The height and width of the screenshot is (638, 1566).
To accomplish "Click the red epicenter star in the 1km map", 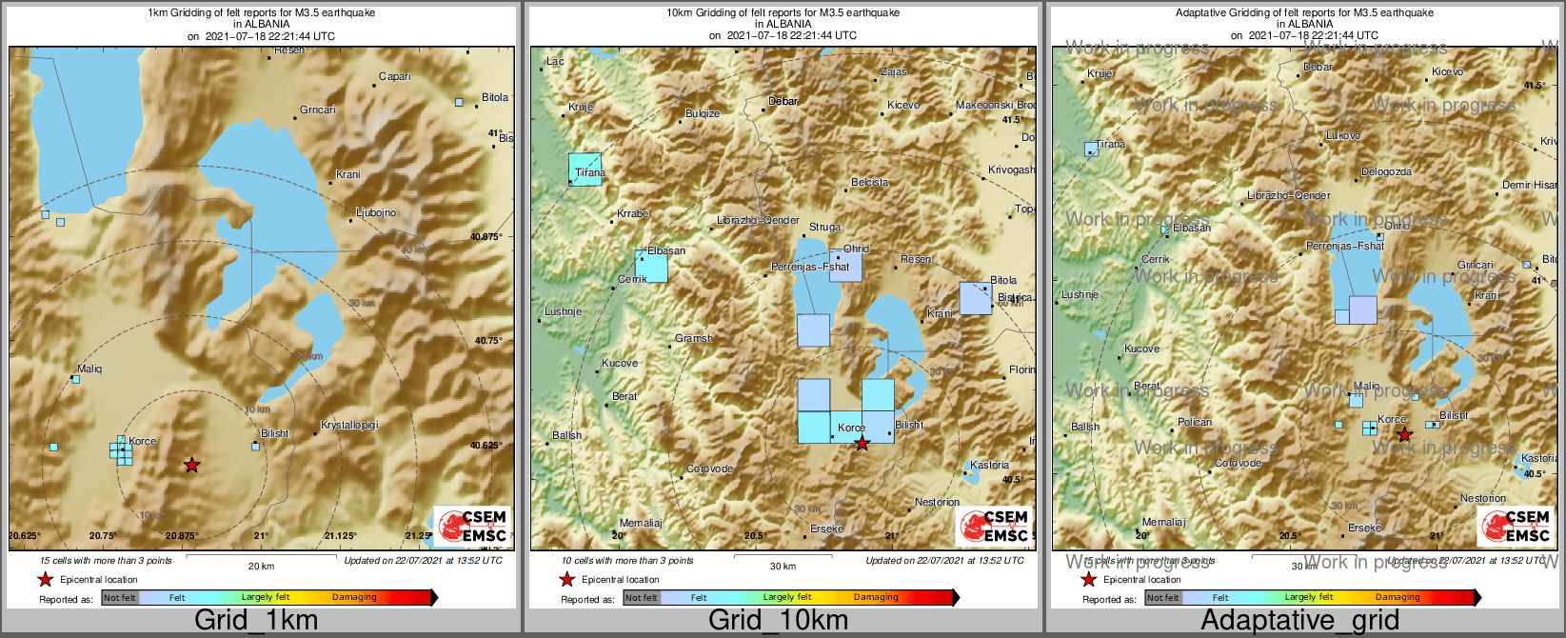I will (192, 465).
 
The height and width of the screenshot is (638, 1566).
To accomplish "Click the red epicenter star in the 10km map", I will (862, 444).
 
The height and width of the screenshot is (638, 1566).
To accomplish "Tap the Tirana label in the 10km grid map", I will (590, 173).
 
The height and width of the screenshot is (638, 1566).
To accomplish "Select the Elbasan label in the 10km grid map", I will (665, 251).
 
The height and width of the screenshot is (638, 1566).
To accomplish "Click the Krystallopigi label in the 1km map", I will (349, 425).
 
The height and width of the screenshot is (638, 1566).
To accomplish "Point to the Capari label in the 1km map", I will (395, 77).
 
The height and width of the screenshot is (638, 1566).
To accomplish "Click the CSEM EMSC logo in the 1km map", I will (473, 526).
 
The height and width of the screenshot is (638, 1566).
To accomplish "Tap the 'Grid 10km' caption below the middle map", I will (778, 621).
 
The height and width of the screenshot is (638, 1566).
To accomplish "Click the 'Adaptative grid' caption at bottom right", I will (1299, 621).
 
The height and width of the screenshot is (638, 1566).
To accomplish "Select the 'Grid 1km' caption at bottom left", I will (256, 621).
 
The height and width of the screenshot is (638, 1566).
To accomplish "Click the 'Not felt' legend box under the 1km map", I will (120, 598).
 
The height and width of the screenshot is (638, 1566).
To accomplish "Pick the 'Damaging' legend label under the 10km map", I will (876, 598).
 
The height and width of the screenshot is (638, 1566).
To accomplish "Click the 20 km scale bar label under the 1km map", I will (261, 566).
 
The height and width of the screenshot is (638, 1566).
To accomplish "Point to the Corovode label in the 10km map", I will (710, 469).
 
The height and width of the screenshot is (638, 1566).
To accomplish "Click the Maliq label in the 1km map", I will (89, 369).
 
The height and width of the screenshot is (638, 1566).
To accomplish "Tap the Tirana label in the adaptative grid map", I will (1110, 145).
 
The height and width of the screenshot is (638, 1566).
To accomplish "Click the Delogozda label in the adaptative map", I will (1386, 172).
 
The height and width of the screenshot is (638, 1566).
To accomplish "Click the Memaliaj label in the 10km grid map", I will (640, 523).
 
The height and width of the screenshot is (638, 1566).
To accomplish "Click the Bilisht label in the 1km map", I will (274, 434).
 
